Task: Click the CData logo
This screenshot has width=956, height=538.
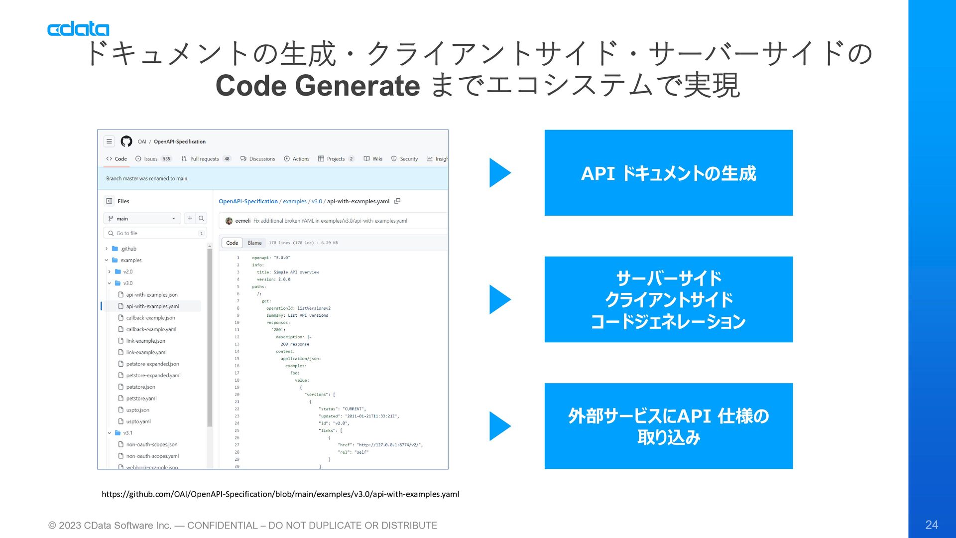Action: tap(78, 29)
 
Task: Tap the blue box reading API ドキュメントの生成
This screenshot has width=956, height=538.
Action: tap(668, 173)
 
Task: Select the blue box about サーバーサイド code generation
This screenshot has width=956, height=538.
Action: tap(668, 299)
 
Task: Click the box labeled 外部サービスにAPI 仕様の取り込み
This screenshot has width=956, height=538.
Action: tap(668, 426)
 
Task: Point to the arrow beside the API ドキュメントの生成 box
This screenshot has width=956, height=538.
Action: tap(500, 173)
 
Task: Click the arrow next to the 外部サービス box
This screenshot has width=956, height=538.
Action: tap(500, 426)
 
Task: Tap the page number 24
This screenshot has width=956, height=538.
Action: tap(931, 525)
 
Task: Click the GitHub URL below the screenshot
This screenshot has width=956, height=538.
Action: tap(280, 494)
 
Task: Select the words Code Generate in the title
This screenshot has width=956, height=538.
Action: tap(318, 86)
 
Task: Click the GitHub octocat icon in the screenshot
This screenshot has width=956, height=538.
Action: tap(126, 141)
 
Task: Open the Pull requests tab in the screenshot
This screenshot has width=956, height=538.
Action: tap(204, 159)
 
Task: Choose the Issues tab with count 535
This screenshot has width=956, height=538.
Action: tap(150, 159)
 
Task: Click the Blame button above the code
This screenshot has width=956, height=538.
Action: tap(254, 243)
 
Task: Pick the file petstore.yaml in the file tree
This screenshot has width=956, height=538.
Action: tap(141, 399)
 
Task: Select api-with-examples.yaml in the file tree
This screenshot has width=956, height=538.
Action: tap(152, 306)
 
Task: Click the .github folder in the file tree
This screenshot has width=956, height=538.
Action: tap(128, 249)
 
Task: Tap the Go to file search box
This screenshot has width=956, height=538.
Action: tap(154, 233)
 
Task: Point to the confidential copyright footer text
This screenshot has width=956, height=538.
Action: tap(242, 526)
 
